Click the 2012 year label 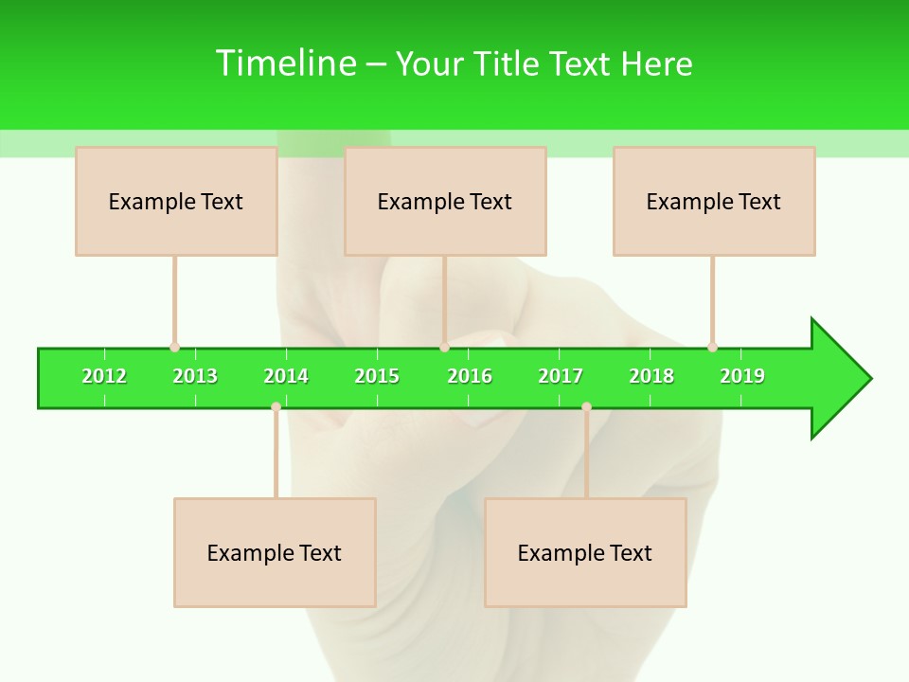point(104,376)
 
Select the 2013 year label point(195,376)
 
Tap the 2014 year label point(286,376)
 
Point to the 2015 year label point(377,376)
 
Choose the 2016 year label point(470,376)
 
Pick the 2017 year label point(561,376)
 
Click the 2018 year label point(651,376)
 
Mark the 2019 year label point(742,376)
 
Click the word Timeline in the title point(284,63)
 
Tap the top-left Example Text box point(176,201)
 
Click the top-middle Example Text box point(445,201)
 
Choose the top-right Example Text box point(714,201)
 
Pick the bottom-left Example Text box point(275,552)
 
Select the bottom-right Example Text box point(585,552)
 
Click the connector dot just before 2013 point(174,348)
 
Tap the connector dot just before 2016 point(444,348)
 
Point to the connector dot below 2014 point(276,406)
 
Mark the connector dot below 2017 point(586,406)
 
